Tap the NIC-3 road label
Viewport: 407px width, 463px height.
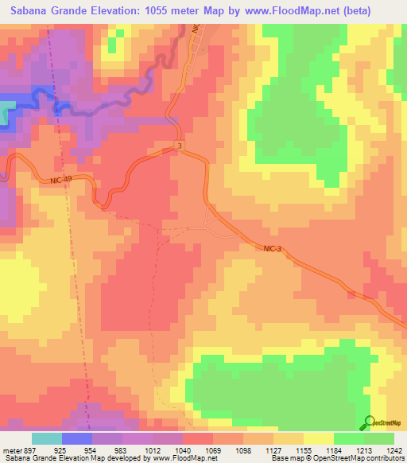click(x=273, y=249)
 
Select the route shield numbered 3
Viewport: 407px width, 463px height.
click(x=180, y=146)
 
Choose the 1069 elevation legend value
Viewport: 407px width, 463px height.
click(x=213, y=449)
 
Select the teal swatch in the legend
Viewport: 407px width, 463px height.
click(x=46, y=438)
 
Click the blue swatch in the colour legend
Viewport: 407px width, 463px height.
click(x=76, y=438)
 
